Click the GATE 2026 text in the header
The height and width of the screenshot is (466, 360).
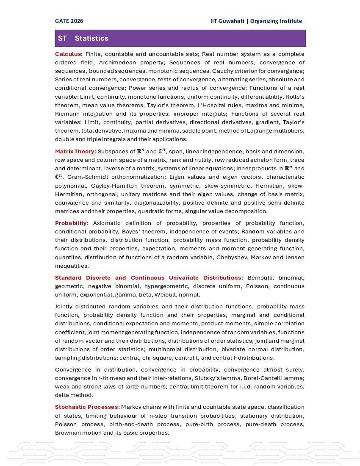69,21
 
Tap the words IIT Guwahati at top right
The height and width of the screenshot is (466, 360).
227,21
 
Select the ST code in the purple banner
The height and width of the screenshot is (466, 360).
62,38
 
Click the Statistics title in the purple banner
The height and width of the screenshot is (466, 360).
91,38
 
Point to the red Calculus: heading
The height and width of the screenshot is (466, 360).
69,54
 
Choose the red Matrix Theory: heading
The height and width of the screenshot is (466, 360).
75,151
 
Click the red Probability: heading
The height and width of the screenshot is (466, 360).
72,223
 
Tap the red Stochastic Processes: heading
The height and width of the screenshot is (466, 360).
87,407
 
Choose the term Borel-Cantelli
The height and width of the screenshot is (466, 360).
265,378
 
